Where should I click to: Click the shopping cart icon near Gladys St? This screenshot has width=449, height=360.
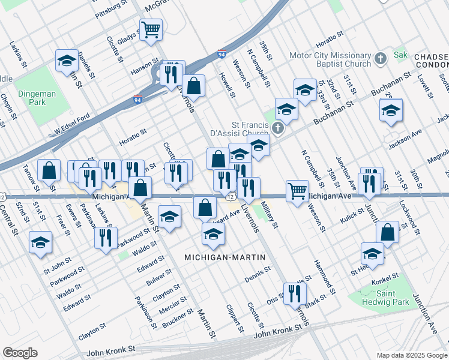click(x=151, y=29)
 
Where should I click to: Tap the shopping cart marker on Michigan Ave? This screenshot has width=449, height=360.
click(x=297, y=191)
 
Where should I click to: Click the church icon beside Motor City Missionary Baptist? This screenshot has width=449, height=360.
click(x=380, y=59)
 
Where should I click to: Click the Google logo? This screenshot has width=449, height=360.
click(x=20, y=353)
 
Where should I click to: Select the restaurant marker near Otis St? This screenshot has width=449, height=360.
click(x=295, y=293)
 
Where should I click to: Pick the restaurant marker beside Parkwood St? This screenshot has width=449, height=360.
click(x=106, y=238)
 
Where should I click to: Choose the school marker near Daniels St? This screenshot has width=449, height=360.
click(x=67, y=60)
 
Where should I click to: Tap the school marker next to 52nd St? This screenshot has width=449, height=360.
click(x=40, y=242)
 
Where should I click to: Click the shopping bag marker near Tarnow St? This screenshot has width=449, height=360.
click(x=49, y=170)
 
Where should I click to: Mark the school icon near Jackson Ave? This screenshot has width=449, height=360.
click(x=391, y=110)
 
